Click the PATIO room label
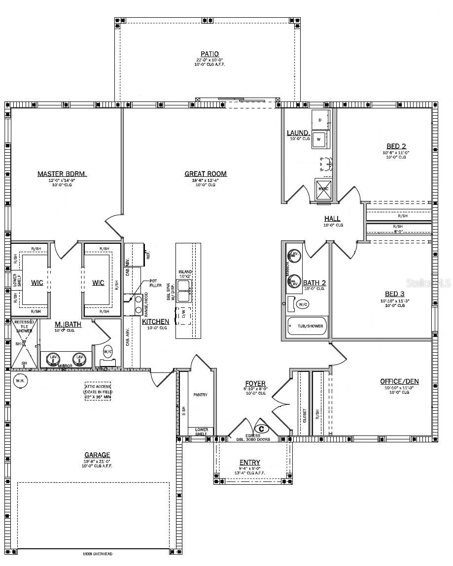(x=209, y=54)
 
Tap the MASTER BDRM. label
(x=62, y=174)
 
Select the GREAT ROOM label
(x=206, y=173)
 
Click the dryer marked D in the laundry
(x=319, y=120)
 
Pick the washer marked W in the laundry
(x=319, y=139)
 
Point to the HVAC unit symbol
(x=323, y=189)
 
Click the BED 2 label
(x=396, y=146)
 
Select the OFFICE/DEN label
(x=399, y=381)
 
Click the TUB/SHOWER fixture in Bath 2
(x=307, y=326)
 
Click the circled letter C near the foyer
(x=261, y=429)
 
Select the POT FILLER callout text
(x=156, y=283)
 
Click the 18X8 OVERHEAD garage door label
(x=97, y=554)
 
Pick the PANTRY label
(x=201, y=395)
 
